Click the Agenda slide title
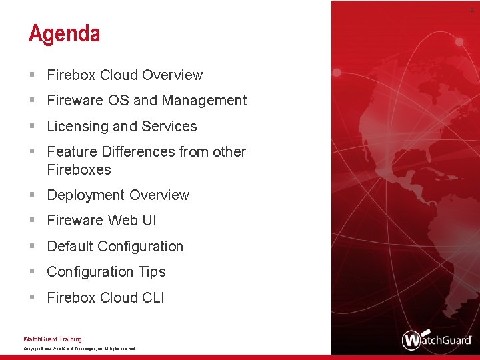64,33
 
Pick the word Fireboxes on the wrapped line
79,170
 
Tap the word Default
70,247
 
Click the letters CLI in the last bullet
153,298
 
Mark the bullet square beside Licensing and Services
32,127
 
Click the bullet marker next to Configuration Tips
32,272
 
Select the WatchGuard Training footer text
53,339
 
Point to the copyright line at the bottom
79,349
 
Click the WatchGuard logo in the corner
437,339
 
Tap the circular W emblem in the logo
413,340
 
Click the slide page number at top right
471,9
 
